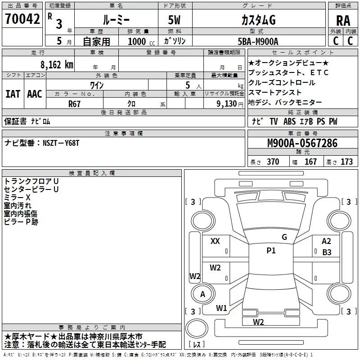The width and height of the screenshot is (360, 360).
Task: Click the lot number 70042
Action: (22, 19)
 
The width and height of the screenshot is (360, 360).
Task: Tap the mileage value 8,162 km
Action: (56, 65)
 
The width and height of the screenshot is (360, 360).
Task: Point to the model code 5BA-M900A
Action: (258, 41)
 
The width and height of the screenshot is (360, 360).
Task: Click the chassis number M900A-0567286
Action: (302, 143)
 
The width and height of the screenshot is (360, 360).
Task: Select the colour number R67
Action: (74, 103)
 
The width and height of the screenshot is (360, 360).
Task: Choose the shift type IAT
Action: (13, 94)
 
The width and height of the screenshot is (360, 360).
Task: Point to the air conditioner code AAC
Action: (35, 94)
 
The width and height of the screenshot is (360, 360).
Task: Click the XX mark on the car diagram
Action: (215, 242)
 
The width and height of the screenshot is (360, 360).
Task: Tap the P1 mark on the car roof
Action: (271, 251)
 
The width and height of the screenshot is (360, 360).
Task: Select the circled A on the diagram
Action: (202, 294)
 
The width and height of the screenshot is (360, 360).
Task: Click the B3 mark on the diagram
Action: (327, 252)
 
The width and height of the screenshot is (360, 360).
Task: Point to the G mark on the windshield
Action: (284, 237)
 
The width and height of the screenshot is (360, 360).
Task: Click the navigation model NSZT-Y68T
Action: (62, 143)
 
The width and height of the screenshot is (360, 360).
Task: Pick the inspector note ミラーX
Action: (17, 198)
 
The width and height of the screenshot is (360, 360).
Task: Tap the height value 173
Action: (346, 162)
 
